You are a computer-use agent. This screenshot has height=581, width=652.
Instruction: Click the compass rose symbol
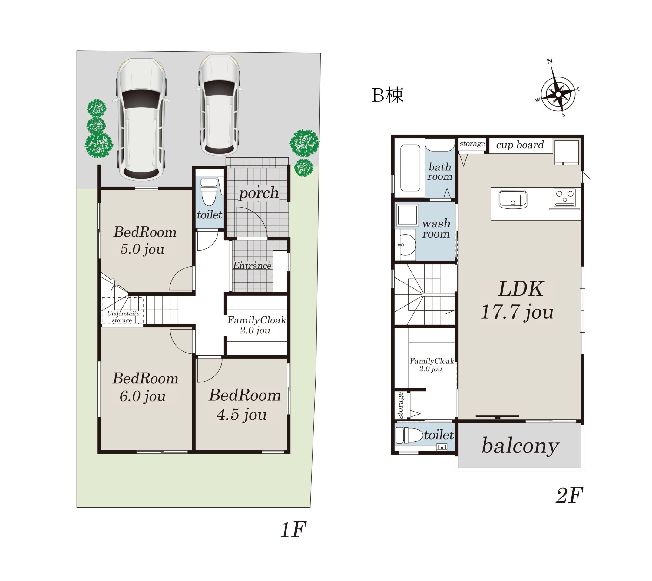pyautogui.click(x=558, y=94)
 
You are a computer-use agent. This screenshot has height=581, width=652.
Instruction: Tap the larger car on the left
pyautogui.click(x=141, y=120)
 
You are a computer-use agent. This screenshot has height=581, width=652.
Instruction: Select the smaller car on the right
pyautogui.click(x=220, y=105)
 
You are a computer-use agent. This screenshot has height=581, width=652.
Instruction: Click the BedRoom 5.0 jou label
pyautogui.click(x=145, y=240)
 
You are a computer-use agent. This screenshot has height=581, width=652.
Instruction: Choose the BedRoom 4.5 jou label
pyautogui.click(x=245, y=405)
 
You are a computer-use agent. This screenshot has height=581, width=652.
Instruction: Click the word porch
pyautogui.click(x=259, y=193)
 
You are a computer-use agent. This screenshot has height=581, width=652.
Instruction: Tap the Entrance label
pyautogui.click(x=252, y=266)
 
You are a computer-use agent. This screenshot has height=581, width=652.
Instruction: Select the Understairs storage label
pyautogui.click(x=123, y=317)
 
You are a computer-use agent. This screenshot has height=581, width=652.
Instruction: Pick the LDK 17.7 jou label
pyautogui.click(x=517, y=300)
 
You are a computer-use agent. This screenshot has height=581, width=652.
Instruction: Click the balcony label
pyautogui.click(x=520, y=446)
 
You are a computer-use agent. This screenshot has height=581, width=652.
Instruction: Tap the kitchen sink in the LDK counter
pyautogui.click(x=513, y=199)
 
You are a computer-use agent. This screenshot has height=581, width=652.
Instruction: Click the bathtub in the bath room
pyautogui.click(x=410, y=168)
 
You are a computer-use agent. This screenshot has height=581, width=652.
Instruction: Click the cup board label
pyautogui.click(x=520, y=145)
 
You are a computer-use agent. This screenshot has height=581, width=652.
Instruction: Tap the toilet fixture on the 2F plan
pyautogui.click(x=409, y=435)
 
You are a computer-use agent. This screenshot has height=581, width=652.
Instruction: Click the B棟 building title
pyautogui.click(x=388, y=95)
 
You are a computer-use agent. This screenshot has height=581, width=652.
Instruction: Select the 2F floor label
pyautogui.click(x=569, y=495)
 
